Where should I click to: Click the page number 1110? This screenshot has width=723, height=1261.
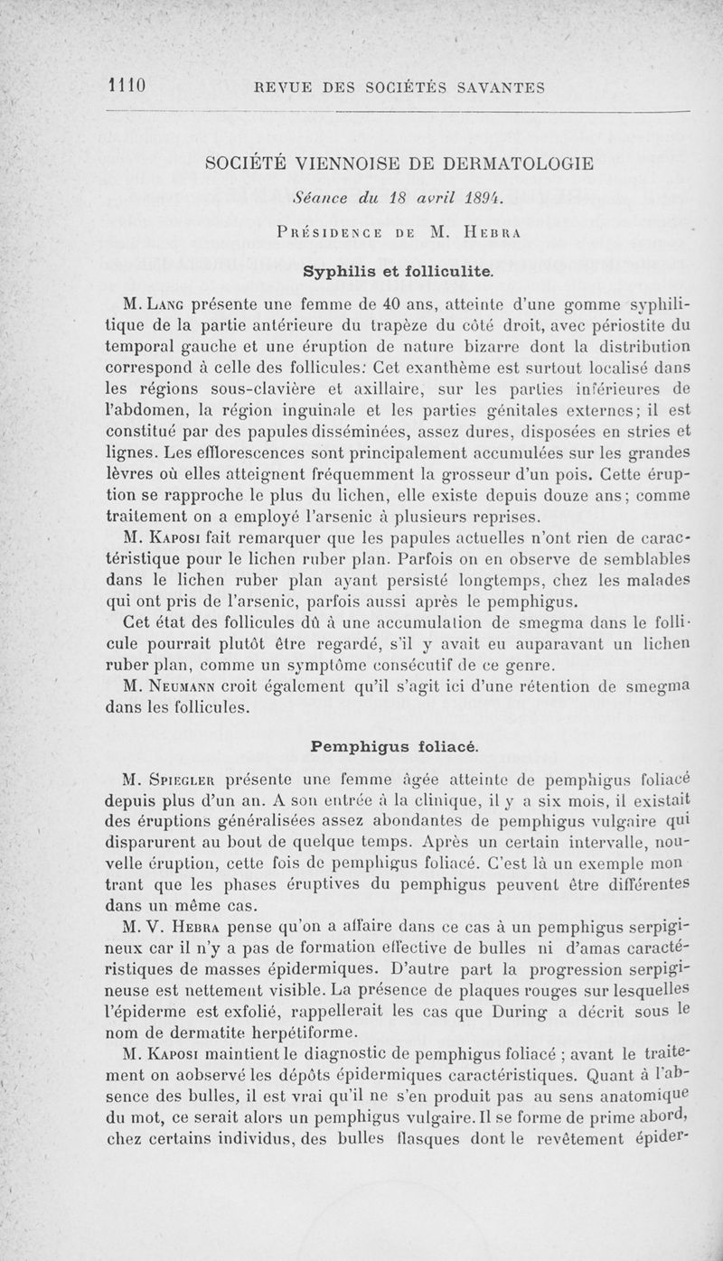point(127,87)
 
